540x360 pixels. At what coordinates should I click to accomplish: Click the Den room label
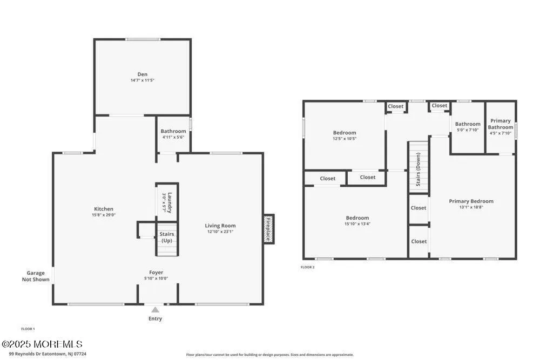[x=142, y=74]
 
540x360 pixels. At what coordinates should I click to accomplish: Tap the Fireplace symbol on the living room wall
[x=268, y=229]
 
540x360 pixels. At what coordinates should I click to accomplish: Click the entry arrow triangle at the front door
[x=156, y=310]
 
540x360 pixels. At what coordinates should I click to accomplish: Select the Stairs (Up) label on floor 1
[x=167, y=237]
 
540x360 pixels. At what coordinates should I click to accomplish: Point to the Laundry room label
[x=169, y=202]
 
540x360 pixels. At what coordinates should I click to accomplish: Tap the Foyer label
[x=156, y=273]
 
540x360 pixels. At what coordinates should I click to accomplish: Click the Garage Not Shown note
[x=36, y=276]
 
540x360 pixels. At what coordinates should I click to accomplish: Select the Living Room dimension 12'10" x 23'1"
[x=220, y=232]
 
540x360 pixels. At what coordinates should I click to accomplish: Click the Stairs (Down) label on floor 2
[x=418, y=169]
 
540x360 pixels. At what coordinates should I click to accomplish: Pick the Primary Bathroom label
[x=501, y=124]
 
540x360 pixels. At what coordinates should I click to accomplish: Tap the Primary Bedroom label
[x=471, y=201]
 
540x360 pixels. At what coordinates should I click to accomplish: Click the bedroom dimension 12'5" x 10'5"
[x=344, y=139]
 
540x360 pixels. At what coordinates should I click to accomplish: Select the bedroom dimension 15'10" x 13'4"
[x=357, y=224]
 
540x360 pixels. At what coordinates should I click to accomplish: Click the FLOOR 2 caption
[x=307, y=267]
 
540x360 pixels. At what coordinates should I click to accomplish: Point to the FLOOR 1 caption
[x=28, y=329]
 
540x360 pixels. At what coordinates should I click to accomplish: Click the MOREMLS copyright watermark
[x=42, y=344]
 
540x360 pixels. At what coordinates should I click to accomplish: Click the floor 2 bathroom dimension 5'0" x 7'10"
[x=468, y=130]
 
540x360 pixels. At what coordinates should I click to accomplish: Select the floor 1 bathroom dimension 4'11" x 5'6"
[x=173, y=137]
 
